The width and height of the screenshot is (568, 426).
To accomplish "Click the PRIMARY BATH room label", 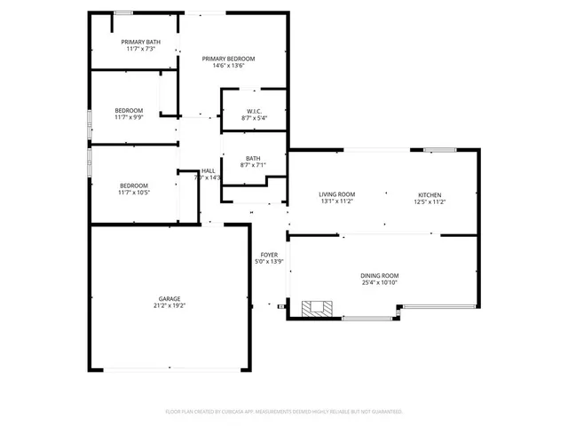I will [141, 42].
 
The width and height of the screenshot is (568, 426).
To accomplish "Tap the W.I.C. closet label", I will [254, 111].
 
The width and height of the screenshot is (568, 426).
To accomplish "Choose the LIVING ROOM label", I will [337, 194].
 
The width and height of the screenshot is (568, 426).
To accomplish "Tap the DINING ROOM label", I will [379, 276].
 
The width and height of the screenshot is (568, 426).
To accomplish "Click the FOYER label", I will [269, 255].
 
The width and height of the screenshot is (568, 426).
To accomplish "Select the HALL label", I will [208, 170].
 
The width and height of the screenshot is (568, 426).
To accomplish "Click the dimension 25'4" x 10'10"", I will [379, 283].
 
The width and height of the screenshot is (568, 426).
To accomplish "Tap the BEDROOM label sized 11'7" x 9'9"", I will [129, 110].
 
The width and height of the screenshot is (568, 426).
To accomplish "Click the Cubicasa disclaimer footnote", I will [284, 412].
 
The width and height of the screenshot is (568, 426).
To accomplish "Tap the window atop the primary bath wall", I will [123, 12].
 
